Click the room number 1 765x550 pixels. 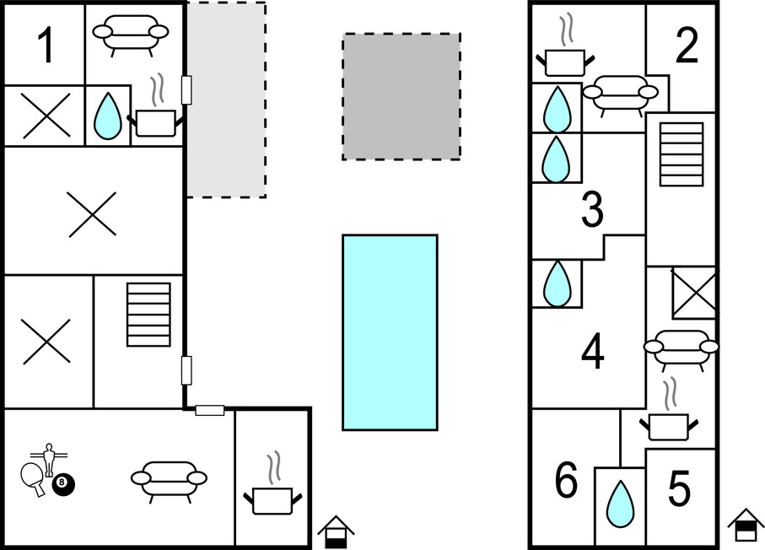pos(46,46)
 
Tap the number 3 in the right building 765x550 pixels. pos(593,210)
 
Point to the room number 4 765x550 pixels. pos(593,352)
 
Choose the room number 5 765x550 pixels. pos(680,488)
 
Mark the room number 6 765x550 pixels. pos(566,482)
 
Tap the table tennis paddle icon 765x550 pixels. pos(32,476)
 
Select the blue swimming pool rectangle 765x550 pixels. pos(390,332)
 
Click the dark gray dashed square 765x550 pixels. pos(401,96)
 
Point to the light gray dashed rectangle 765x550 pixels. pos(225,100)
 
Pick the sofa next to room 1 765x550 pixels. pos(130,35)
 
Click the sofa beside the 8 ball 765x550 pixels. pos(169,479)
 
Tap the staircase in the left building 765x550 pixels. pos(148,314)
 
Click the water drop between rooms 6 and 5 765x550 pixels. pos(621,503)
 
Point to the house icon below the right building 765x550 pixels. pos(746,525)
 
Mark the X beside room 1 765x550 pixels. pos(45,116)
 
